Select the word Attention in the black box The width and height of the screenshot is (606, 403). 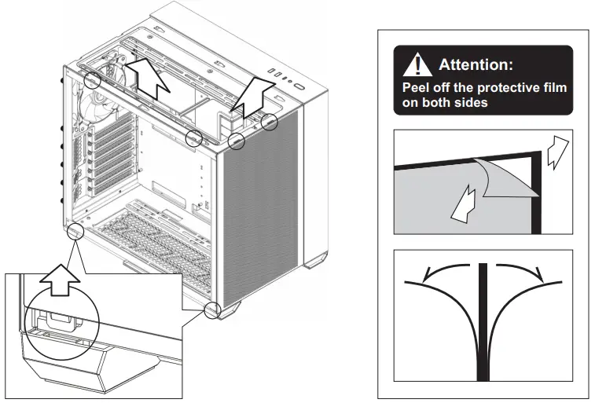[476, 64]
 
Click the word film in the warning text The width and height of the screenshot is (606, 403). [552, 87]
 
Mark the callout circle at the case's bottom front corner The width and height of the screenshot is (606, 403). [211, 310]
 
